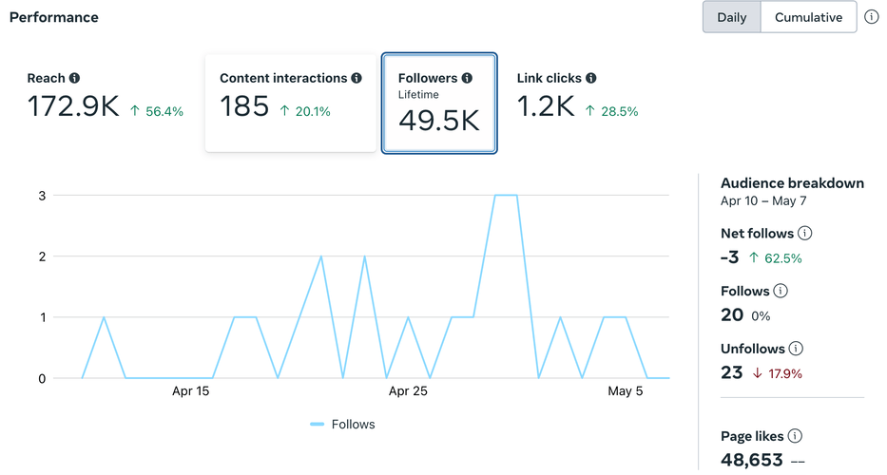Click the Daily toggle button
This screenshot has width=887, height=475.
tap(731, 17)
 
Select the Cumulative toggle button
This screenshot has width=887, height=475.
tap(808, 17)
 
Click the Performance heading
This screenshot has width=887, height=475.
tap(53, 17)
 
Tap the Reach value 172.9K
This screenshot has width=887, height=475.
tap(73, 106)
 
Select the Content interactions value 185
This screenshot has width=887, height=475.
tap(244, 106)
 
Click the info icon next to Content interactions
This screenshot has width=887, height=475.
tap(357, 78)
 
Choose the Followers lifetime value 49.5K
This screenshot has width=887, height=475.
tap(438, 121)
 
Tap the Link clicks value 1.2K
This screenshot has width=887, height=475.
tap(546, 106)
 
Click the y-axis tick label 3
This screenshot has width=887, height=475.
tap(42, 196)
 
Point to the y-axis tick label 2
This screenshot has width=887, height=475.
tap(42, 256)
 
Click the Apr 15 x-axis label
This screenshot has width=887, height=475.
tap(190, 390)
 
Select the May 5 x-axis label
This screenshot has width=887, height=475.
tap(626, 390)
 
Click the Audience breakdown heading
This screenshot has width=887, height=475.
tap(792, 183)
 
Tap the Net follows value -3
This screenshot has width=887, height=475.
tap(730, 257)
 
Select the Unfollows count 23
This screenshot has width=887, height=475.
tap(731, 372)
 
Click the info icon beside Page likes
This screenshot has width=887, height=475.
tap(796, 436)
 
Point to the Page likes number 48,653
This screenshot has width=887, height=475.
tap(752, 460)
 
